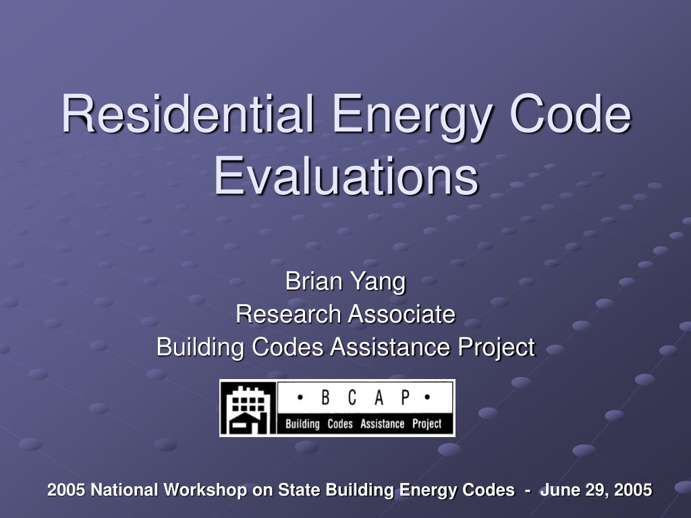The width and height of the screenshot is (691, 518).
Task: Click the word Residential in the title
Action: click(x=188, y=113)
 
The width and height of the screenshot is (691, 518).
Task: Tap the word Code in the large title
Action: click(x=570, y=113)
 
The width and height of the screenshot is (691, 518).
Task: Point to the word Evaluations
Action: click(x=346, y=175)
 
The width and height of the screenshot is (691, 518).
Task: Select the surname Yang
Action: click(x=378, y=283)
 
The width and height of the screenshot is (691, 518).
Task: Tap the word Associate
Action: click(x=402, y=314)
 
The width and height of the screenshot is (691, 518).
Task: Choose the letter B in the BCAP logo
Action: click(x=325, y=397)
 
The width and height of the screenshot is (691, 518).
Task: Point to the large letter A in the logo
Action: click(x=379, y=397)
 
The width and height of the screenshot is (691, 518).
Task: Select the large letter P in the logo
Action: click(x=405, y=397)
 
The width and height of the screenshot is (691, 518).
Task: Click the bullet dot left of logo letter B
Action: click(x=300, y=397)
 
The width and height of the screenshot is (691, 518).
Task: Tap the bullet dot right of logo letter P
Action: click(x=427, y=397)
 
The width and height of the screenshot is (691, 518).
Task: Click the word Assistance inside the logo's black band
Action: click(x=382, y=424)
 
